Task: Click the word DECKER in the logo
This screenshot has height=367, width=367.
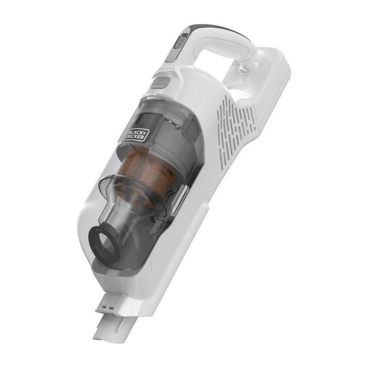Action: [x=135, y=136]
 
